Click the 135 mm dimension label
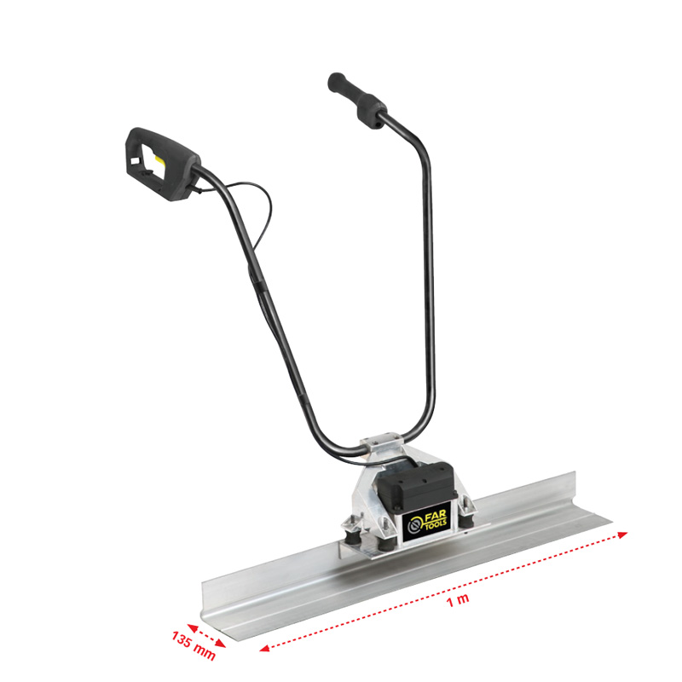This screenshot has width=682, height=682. click(x=194, y=645)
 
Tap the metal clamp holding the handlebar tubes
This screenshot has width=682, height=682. click(x=380, y=447)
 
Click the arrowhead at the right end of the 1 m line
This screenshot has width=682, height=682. click(x=624, y=533)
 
